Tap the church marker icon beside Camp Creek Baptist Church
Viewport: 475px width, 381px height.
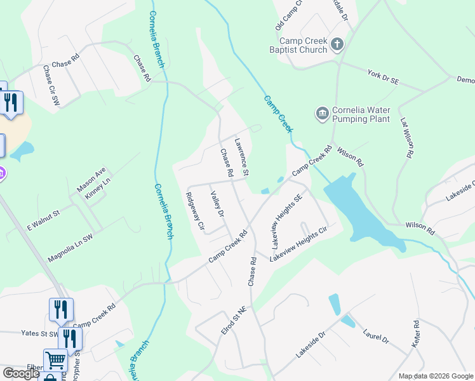click(337, 44)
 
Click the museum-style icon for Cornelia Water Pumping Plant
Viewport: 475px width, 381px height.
click(322, 114)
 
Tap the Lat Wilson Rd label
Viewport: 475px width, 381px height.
click(408, 137)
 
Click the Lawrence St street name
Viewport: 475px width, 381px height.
click(241, 157)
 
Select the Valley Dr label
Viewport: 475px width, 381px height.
click(218, 204)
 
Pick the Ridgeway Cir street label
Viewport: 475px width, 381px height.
click(194, 211)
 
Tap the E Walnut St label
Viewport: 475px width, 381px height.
click(43, 218)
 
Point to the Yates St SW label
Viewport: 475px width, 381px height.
click(39, 333)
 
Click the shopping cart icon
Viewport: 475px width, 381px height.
click(56, 360)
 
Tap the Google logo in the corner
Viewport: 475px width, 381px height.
click(22, 373)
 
